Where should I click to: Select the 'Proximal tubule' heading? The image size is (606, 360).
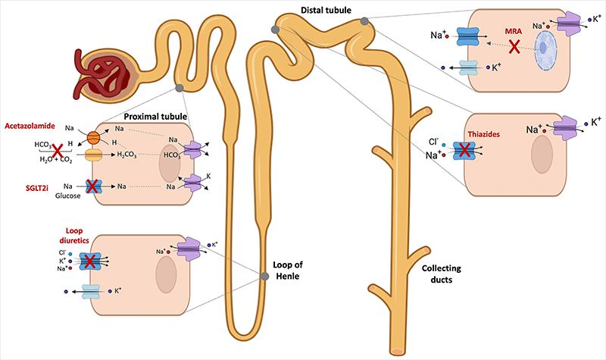coord(155,117)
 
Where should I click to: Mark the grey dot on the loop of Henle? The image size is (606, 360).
coord(264,276)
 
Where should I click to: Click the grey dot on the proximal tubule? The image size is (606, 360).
coord(180,89)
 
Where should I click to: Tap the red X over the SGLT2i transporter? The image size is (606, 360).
coord(92,185)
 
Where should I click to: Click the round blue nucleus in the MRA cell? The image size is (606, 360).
coord(545,55)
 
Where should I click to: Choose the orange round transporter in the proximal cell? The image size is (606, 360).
coord(93,139)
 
